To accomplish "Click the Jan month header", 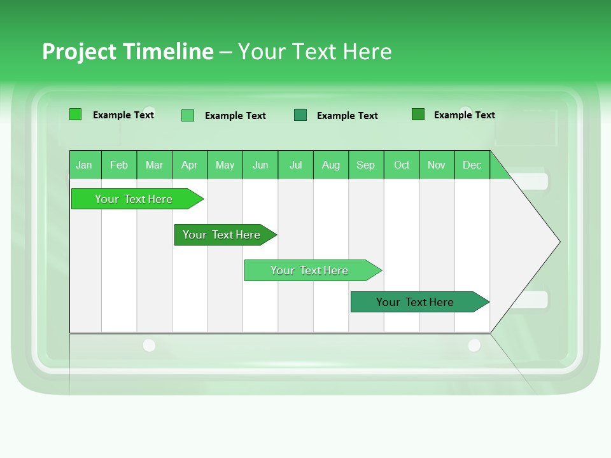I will [84, 165].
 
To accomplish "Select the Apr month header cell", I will [189, 165].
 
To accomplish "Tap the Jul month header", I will [295, 165].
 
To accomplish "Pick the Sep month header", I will [365, 165].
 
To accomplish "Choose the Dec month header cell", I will [472, 165].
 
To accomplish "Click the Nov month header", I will [436, 165].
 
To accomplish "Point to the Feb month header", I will [119, 165].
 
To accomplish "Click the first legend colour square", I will [75, 114].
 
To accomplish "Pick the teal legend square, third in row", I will [300, 115].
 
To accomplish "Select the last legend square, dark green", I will [418, 114].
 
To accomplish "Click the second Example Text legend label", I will [235, 116].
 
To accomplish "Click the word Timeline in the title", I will [169, 52].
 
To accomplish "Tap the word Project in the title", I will [80, 52].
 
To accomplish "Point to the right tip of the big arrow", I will [558, 242].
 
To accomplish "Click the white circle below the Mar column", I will [149, 345].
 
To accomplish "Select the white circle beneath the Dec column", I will [474, 345].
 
